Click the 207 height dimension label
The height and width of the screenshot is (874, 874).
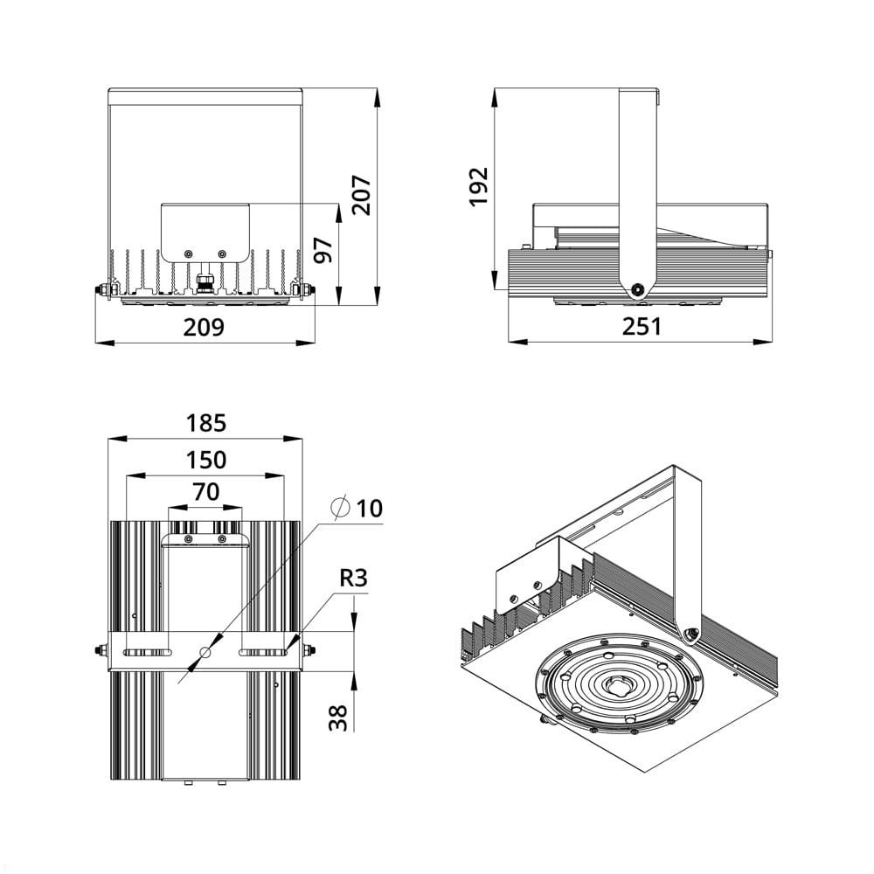362,195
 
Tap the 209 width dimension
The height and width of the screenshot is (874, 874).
204,327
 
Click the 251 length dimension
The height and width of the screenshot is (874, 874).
642,326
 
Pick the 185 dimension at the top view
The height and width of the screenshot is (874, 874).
206,423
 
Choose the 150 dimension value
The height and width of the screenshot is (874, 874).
206,459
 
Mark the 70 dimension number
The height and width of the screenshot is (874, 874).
206,492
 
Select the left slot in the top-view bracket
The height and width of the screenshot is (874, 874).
147,651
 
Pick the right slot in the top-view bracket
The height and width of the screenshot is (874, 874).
264,651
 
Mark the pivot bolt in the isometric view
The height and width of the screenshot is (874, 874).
692,633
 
